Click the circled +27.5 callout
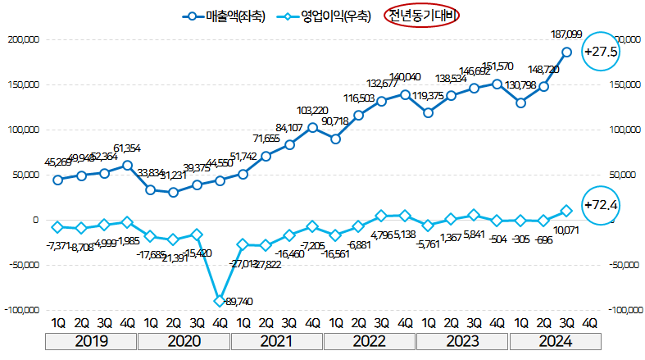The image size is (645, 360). click(599, 52)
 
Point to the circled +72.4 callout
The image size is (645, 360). click(599, 204)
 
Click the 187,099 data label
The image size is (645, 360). click(566, 34)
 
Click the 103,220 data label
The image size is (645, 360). click(312, 110)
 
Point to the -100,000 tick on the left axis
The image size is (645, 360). click(20, 311)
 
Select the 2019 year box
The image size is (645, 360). click(92, 340)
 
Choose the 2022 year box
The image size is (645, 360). click(370, 340)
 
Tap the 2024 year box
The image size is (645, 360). click(554, 340)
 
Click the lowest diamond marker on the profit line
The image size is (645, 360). click(220, 301)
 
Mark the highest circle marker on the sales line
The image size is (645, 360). click(566, 52)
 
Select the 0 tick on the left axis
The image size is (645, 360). click(36, 220)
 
